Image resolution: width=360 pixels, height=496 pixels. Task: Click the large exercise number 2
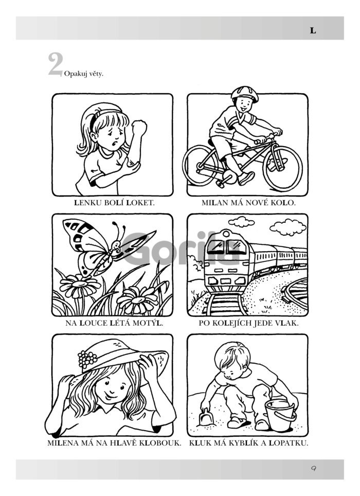pos(56,64)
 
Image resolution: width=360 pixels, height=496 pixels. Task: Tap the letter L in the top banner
pos(313,31)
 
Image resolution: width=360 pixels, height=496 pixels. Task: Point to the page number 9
pos(313,469)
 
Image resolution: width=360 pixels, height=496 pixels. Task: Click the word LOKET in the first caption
pos(140,203)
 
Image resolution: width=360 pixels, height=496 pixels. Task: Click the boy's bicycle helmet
pos(244,93)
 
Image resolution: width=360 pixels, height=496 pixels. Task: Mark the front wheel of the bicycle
pos(282,168)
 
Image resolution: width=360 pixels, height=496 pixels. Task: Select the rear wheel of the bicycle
pos(201,166)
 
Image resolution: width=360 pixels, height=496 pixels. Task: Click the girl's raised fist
pos(139,128)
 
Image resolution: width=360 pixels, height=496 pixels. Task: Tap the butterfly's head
pos(117,245)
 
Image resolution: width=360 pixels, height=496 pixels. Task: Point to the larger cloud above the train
pos(288,227)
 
